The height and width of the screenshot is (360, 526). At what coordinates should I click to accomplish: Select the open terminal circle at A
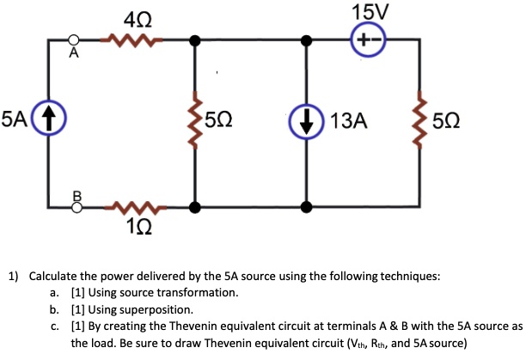coord(75,40)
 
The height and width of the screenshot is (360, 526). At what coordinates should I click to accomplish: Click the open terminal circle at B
coord(75,206)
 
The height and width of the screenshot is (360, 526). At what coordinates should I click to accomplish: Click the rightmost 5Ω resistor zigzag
coord(420,121)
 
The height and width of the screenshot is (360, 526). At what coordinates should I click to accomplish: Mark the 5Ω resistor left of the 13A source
coord(196,121)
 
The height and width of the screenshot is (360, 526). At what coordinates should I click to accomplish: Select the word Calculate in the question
coord(56,277)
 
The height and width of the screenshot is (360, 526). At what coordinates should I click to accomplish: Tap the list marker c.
coord(54,326)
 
